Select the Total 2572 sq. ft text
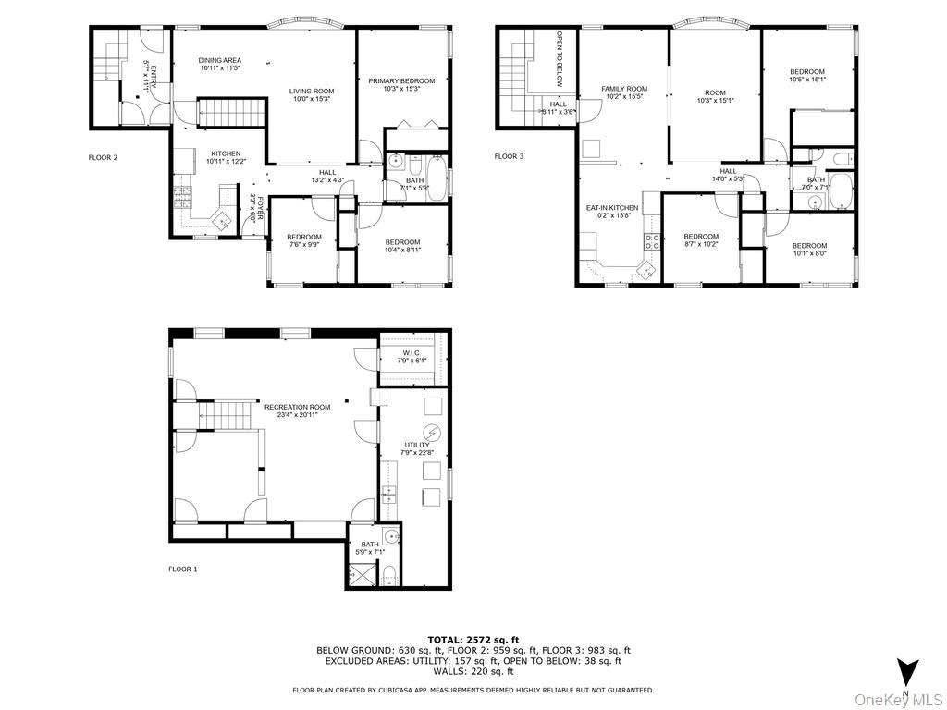tap(473, 640)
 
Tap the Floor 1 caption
tap(182, 569)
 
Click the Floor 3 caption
tap(509, 157)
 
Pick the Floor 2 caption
tap(103, 157)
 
